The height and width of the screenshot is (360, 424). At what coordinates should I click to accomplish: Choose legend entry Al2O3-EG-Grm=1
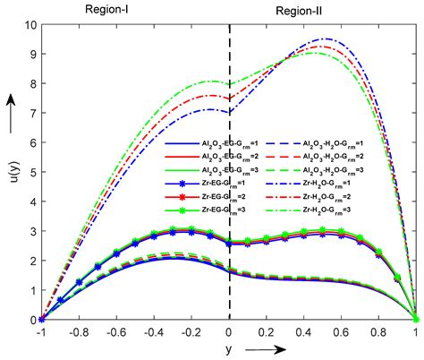pyautogui.click(x=199, y=143)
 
